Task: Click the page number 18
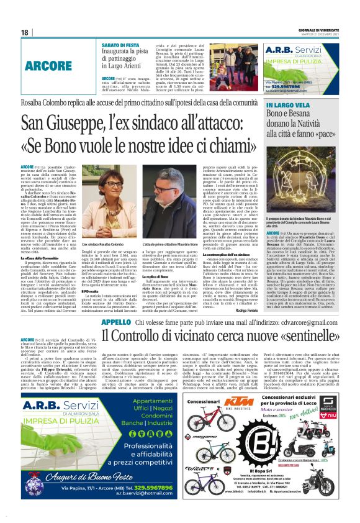pos(25,32)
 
